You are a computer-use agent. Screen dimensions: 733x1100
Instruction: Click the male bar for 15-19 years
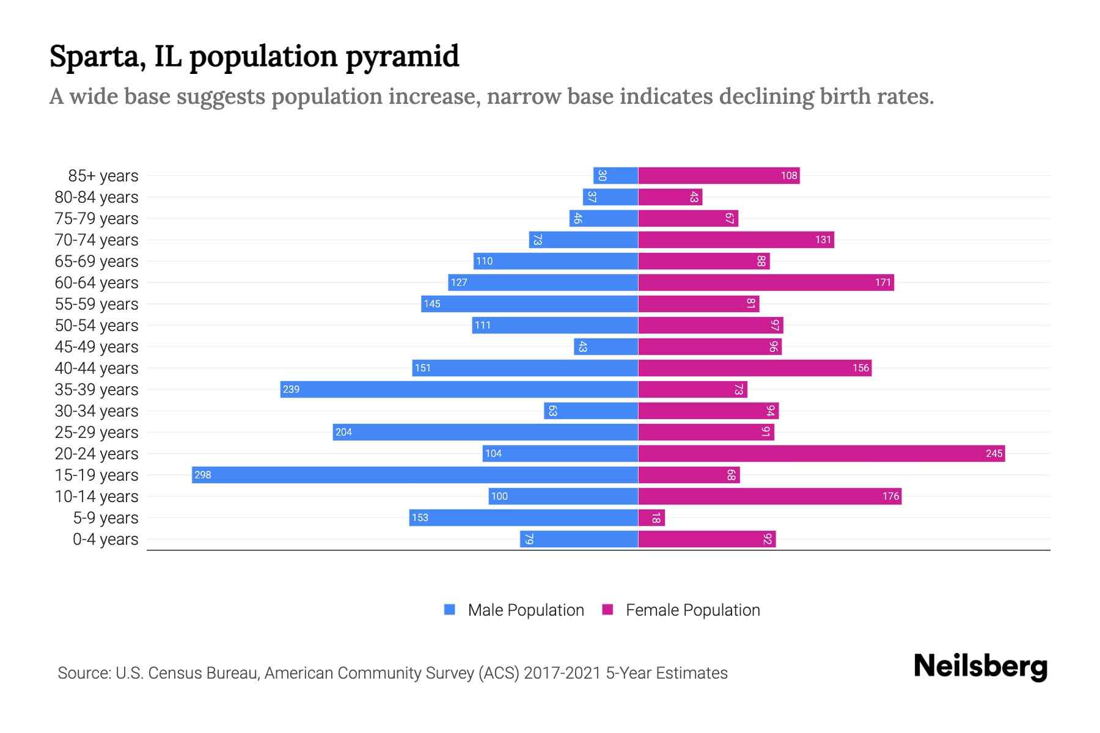415,475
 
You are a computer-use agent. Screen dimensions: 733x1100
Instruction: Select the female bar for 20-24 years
821,454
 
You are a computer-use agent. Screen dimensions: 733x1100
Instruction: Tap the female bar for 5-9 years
651,518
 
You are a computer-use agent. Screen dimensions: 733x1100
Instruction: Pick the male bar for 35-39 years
459,390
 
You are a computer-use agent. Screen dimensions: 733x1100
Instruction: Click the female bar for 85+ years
719,176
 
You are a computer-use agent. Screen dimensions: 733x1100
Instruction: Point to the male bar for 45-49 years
606,347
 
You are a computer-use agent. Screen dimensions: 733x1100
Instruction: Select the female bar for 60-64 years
766,283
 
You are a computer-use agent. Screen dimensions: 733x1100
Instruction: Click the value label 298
203,475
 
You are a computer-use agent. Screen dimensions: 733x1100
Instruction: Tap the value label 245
994,454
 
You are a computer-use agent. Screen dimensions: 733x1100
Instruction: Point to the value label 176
890,497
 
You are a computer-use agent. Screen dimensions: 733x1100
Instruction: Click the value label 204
343,432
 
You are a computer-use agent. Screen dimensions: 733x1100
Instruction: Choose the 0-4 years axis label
105,539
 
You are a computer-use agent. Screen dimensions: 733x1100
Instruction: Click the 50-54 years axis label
97,326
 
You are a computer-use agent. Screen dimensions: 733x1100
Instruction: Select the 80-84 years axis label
97,197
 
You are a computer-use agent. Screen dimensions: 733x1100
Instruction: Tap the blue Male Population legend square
450,610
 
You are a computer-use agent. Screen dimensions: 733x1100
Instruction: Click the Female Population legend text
692,610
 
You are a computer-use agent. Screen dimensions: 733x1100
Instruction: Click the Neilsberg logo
980,666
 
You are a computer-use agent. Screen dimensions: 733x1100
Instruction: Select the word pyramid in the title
402,57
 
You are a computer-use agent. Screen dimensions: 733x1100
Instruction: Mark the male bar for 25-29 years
485,432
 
